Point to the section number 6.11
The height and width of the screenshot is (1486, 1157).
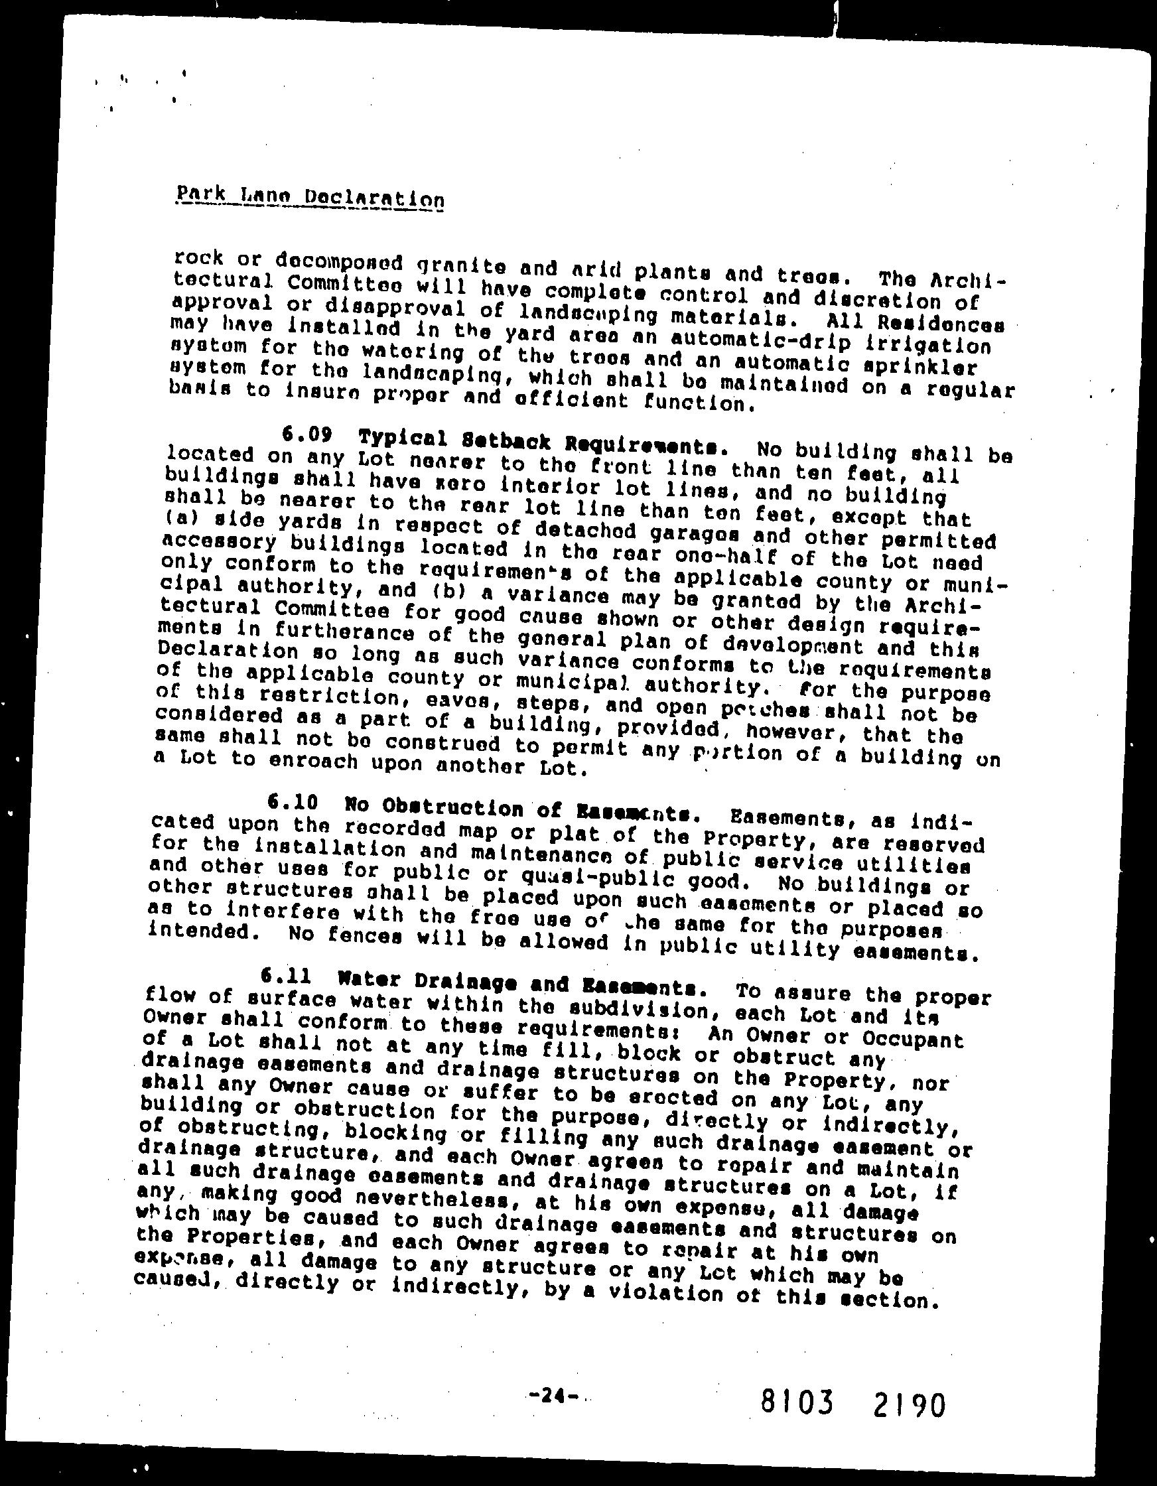pos(286,977)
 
